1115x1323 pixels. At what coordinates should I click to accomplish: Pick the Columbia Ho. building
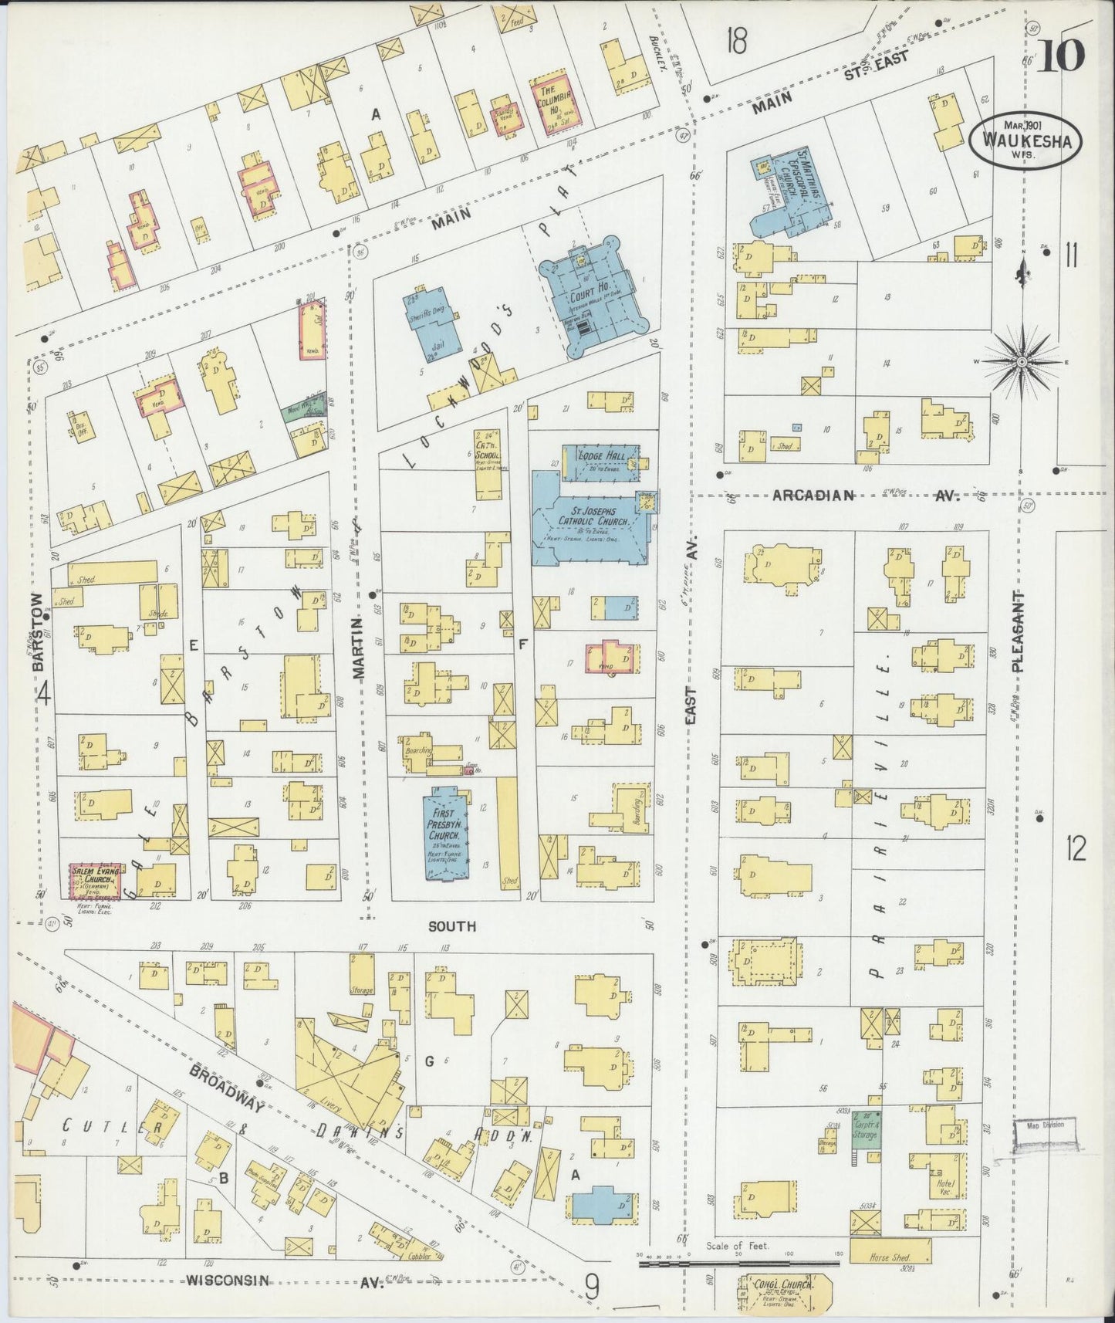[553, 106]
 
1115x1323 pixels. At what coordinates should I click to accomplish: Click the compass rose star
[1022, 360]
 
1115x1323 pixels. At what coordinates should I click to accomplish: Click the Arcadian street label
[813, 496]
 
